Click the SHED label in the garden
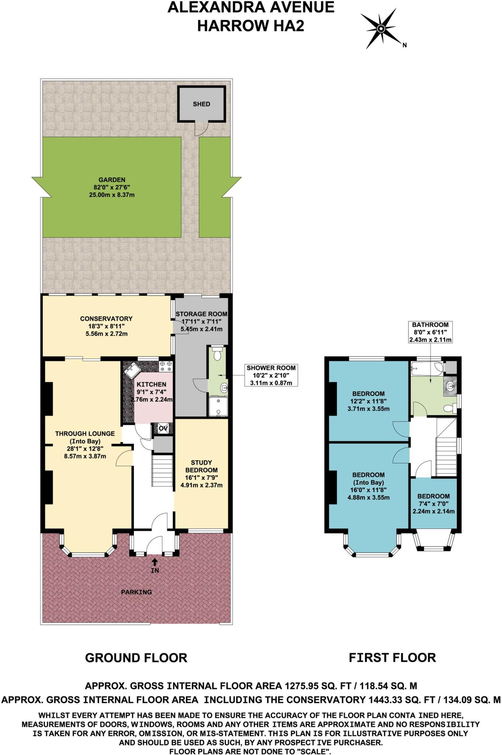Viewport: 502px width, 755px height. click(x=201, y=104)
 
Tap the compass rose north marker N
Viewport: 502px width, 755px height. click(x=405, y=45)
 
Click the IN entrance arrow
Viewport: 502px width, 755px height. click(x=155, y=563)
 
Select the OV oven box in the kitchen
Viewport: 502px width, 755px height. click(x=163, y=428)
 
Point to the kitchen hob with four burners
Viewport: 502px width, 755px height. click(x=166, y=366)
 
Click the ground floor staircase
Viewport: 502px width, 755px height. click(x=163, y=472)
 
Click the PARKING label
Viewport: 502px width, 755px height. click(x=136, y=592)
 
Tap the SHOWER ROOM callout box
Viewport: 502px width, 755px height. click(x=271, y=375)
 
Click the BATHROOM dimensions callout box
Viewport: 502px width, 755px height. click(x=430, y=332)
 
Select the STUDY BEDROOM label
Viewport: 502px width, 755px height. click(x=201, y=466)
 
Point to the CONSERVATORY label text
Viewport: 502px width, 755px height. click(x=106, y=319)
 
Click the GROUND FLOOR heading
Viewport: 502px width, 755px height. click(x=136, y=658)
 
